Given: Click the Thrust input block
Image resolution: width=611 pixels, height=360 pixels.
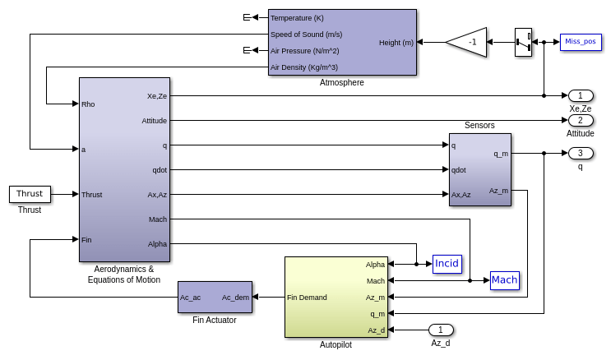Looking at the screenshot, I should pos(30,194).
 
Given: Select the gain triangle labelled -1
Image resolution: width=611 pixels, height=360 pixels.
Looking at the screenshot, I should pos(468,42).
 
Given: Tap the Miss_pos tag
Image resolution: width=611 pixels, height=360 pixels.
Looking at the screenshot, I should pos(581,42).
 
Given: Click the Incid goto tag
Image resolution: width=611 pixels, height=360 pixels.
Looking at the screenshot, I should pos(447,264).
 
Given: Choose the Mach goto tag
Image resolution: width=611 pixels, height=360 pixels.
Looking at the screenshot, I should pos(504,280).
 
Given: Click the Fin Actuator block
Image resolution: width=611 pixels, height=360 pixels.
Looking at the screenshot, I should pos(215,297).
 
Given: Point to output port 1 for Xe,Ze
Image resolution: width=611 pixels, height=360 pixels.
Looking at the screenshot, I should pos(580,95).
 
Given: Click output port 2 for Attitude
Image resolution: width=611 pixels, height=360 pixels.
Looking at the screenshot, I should pos(580,120).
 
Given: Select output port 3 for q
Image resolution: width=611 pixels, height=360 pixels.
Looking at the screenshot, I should pos(580,153).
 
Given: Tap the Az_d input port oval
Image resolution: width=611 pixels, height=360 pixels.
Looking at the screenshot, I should pos(440,330).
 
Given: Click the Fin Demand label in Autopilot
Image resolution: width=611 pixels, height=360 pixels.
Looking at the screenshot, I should pos(307,297).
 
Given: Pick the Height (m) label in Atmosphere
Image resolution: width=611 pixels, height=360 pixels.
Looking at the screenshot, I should pos(396,42).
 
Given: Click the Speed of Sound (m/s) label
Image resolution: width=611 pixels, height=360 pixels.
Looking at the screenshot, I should pos(306,34).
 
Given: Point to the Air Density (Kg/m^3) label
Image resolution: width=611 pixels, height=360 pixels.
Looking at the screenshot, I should pos(304,67).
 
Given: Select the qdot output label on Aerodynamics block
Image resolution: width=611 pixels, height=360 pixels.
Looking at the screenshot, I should pos(159,169).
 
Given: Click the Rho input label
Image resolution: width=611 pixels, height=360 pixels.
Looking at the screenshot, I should pos(89,104).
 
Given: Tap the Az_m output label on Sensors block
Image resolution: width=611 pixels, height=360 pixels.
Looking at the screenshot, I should pos(498,190).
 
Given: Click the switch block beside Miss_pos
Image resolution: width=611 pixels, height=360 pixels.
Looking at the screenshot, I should pos(523,42).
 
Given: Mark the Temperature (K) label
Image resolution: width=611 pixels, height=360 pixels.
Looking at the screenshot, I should pos(297,17).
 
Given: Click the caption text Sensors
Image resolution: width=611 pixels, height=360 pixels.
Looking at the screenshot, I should pos(479,125).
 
